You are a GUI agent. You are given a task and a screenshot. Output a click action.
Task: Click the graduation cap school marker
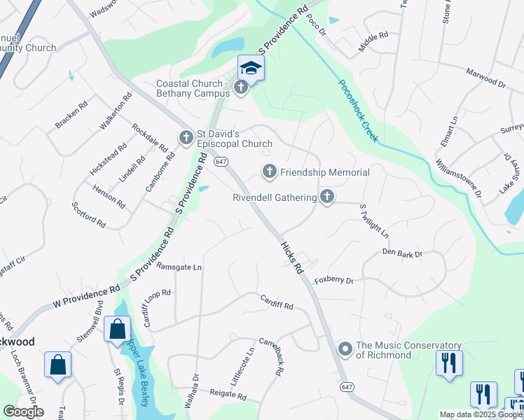point(251,68)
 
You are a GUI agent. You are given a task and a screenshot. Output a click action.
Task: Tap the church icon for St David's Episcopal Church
point(186,137)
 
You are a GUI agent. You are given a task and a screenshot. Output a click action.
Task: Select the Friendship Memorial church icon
point(269,171)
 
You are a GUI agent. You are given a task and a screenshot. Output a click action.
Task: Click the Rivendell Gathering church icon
point(326,197)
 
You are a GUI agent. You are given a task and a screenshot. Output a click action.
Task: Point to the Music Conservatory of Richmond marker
point(345,349)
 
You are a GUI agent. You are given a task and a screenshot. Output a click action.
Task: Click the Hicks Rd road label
point(292,258)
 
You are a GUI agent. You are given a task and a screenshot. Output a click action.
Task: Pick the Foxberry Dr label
point(334,281)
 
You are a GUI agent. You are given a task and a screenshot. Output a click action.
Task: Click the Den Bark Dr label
point(402,253)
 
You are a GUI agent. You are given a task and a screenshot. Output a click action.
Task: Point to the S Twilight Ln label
point(373,220)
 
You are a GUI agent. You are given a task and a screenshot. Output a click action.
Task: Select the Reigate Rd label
point(228,396)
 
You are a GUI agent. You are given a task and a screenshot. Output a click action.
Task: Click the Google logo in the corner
point(23,411)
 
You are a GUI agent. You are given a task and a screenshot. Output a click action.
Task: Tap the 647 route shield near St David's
point(221,162)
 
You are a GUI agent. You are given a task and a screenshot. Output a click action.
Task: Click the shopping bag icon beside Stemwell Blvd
point(117,328)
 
